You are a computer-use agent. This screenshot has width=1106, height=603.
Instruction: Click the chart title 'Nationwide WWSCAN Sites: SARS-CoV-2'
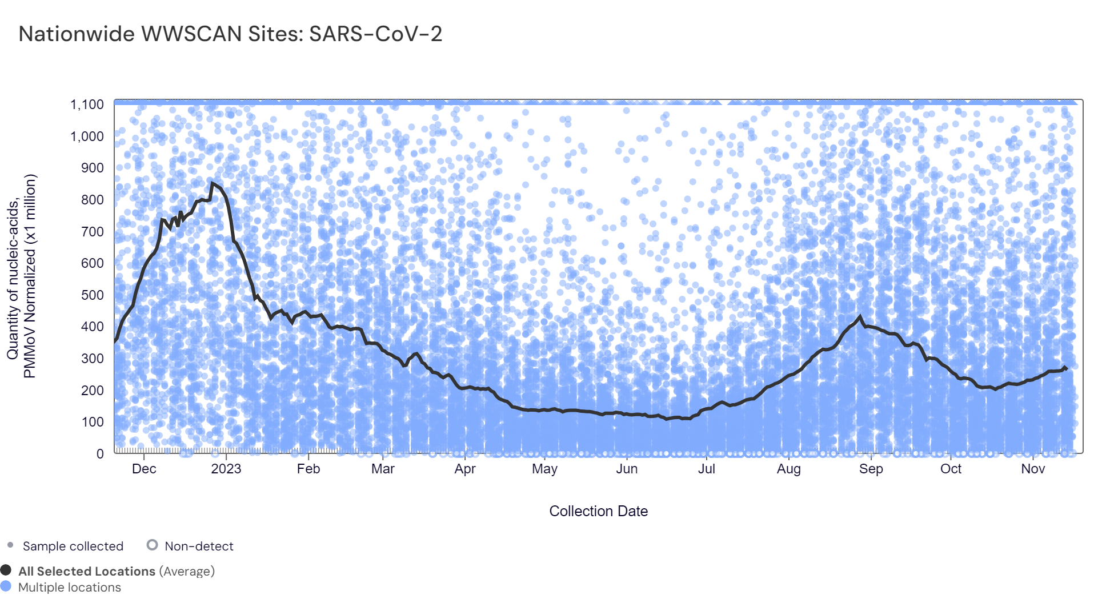(x=230, y=34)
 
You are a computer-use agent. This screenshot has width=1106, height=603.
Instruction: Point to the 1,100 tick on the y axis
(x=87, y=104)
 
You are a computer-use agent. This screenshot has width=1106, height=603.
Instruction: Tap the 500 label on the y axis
(x=93, y=295)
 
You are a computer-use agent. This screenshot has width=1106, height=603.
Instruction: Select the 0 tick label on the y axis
(x=100, y=454)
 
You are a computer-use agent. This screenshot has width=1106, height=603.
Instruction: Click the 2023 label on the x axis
(x=226, y=469)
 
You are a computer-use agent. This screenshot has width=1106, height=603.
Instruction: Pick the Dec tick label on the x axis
(x=144, y=469)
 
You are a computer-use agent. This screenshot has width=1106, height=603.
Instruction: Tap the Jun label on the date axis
(x=627, y=469)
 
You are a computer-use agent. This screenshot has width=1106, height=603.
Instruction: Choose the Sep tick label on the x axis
(x=871, y=469)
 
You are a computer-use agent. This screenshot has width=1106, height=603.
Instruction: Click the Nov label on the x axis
(x=1033, y=469)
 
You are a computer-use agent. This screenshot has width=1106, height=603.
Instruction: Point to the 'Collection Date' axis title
(x=598, y=511)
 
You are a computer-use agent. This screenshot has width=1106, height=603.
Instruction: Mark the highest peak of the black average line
(x=212, y=183)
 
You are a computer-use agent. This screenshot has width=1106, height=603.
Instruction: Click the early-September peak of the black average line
(x=860, y=316)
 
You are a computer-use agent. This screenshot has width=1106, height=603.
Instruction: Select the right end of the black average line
(x=1066, y=369)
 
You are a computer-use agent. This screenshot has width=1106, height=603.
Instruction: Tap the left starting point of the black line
(x=115, y=341)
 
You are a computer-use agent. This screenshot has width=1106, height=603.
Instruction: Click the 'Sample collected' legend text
(x=73, y=546)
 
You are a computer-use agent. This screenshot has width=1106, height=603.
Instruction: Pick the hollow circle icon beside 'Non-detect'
(x=152, y=545)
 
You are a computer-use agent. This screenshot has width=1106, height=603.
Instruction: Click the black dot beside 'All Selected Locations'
(x=6, y=570)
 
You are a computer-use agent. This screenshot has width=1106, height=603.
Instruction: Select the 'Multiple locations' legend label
(x=69, y=588)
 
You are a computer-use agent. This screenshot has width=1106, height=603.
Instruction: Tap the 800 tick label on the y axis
(x=93, y=200)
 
